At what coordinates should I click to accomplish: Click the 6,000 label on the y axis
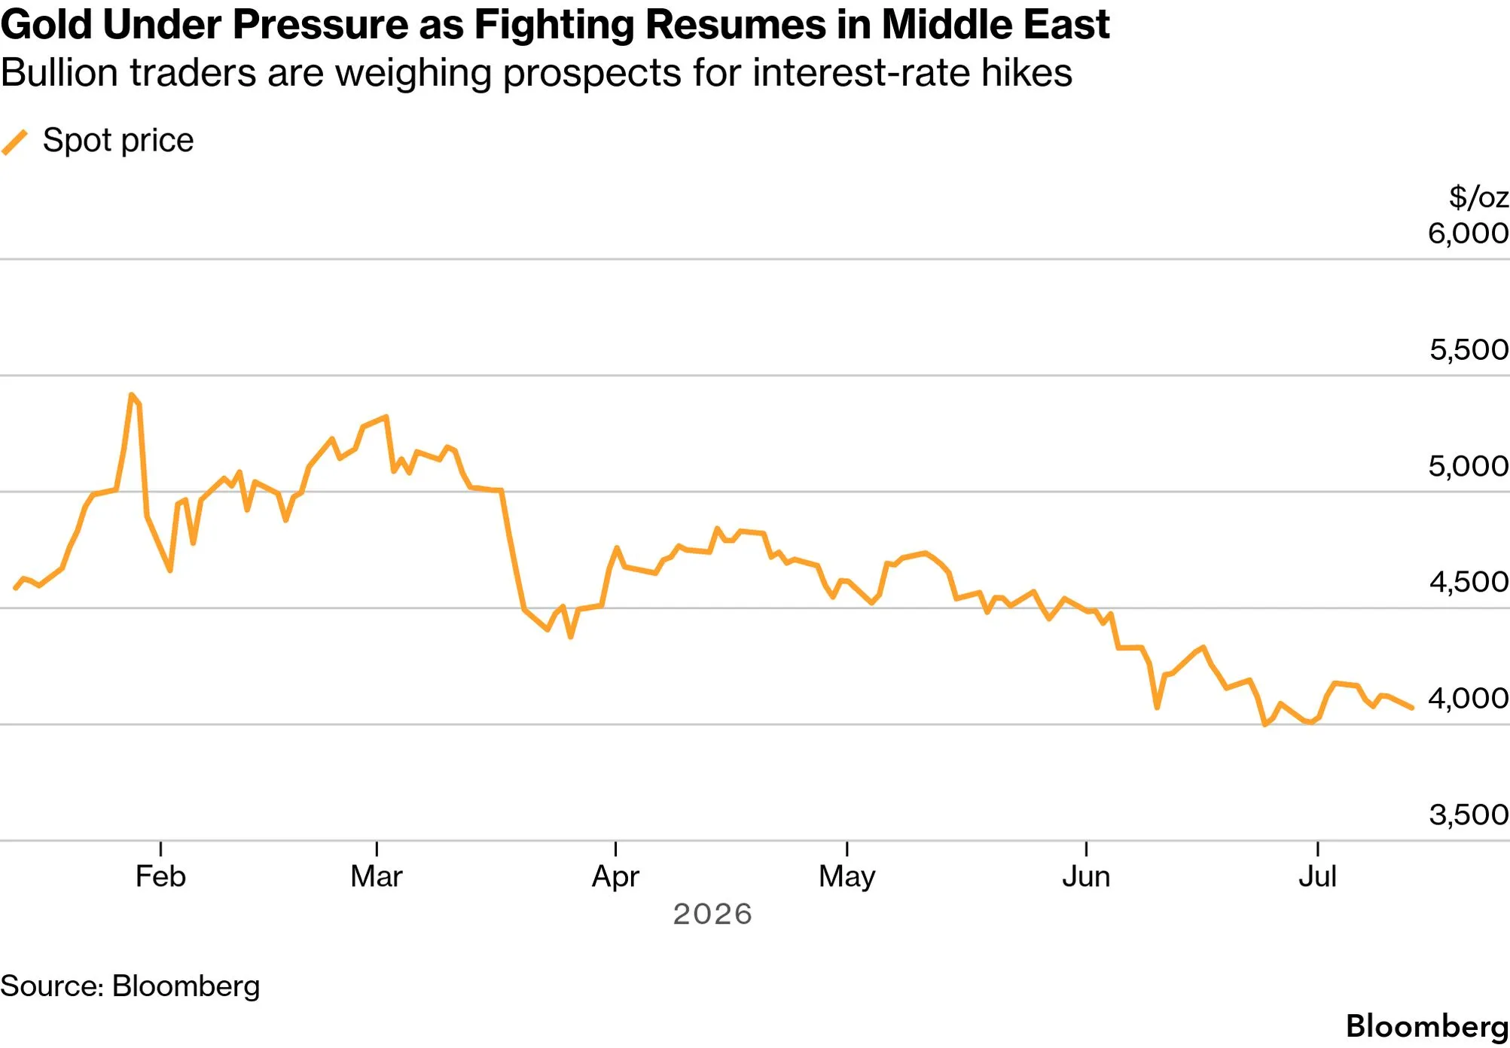coord(1468,233)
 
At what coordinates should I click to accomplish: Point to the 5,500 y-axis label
coord(1469,349)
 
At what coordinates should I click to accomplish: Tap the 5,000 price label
coord(1469,466)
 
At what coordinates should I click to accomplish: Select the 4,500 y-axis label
coord(1469,582)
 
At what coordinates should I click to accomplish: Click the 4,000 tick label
coord(1469,698)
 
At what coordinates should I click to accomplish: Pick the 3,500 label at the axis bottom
coord(1469,815)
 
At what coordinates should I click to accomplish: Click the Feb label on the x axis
coord(160,876)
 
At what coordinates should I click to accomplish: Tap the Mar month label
coord(377,876)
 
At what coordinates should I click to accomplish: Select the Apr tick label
coord(615,877)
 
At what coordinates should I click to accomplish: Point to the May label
coord(847,877)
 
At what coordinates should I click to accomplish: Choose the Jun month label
coord(1086,876)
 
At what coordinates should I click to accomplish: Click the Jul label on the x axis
coord(1317,876)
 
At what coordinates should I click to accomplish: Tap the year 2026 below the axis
coord(712,914)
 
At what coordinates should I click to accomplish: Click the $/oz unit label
coord(1478,197)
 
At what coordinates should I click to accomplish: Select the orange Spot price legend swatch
coord(15,142)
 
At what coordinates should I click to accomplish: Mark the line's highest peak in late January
coord(131,395)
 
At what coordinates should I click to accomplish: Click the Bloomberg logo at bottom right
coord(1427,1027)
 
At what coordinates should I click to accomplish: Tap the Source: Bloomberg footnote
coord(130,986)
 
